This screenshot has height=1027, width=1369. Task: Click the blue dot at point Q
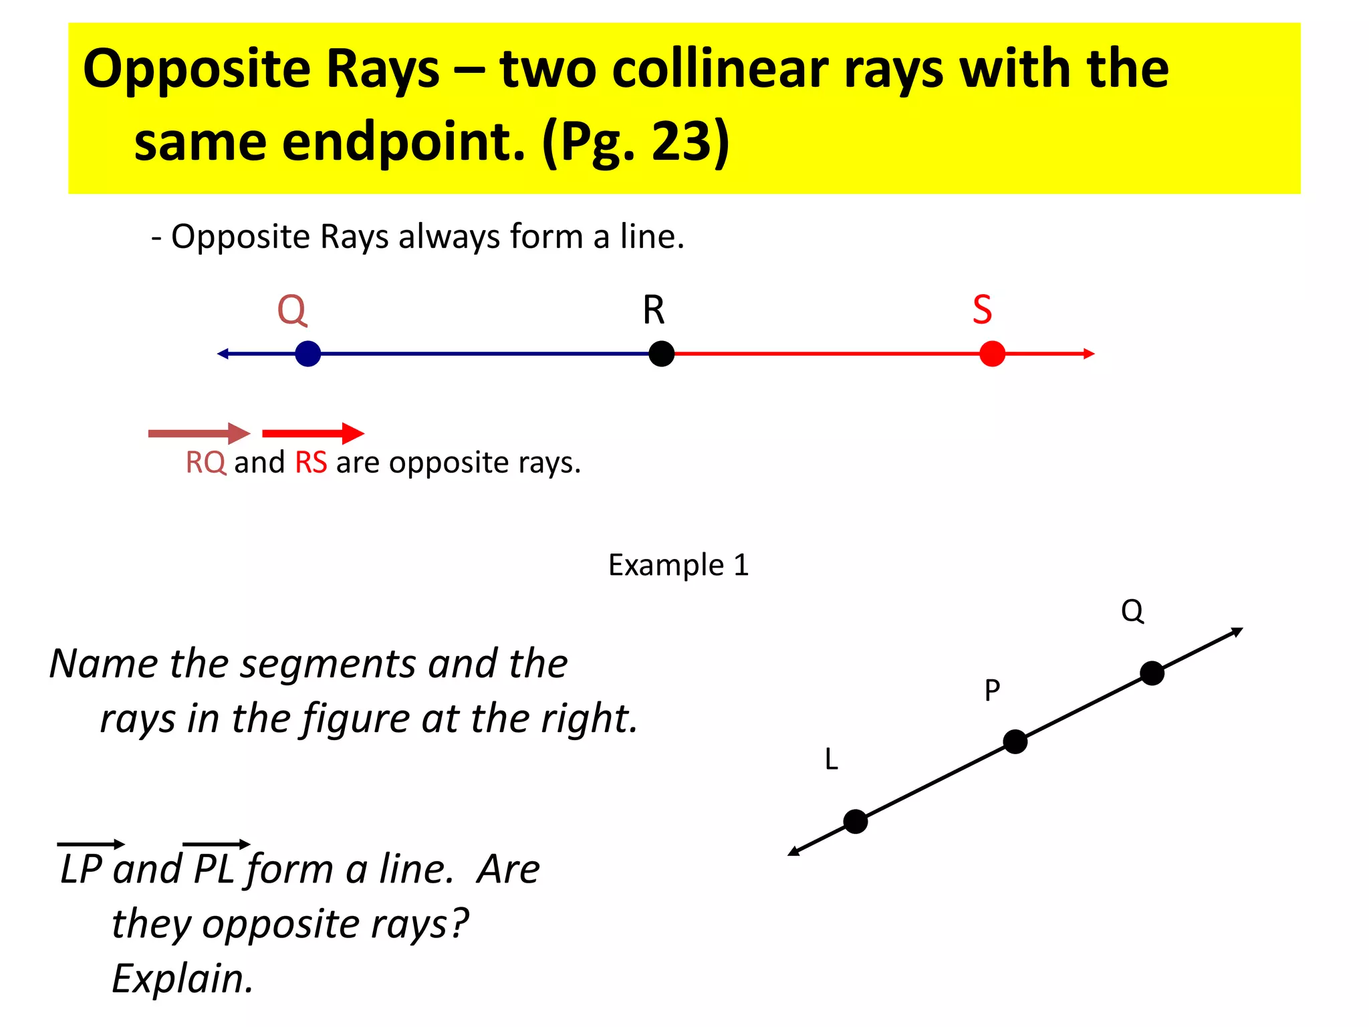tap(307, 354)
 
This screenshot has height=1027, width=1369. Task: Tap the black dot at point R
tap(661, 354)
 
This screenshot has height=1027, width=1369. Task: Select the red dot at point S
tap(992, 354)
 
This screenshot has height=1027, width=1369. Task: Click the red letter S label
tap(982, 310)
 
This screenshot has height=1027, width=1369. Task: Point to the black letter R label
tap(654, 310)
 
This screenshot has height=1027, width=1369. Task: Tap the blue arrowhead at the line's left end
tap(223, 354)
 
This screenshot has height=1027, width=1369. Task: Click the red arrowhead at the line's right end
tap(1089, 354)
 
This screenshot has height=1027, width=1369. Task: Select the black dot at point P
tap(1015, 741)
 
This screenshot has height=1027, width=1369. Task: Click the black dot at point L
tap(856, 821)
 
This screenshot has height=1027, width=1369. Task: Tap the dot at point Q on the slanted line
tap(1152, 673)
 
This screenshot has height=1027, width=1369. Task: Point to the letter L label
tap(831, 760)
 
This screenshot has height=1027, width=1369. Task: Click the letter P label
tap(992, 690)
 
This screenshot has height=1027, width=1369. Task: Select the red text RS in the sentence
tap(311, 463)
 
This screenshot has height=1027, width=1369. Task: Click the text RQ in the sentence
tap(206, 463)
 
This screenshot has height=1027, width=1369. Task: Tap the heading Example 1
tap(678, 566)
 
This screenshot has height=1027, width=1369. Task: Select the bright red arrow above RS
tap(313, 433)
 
